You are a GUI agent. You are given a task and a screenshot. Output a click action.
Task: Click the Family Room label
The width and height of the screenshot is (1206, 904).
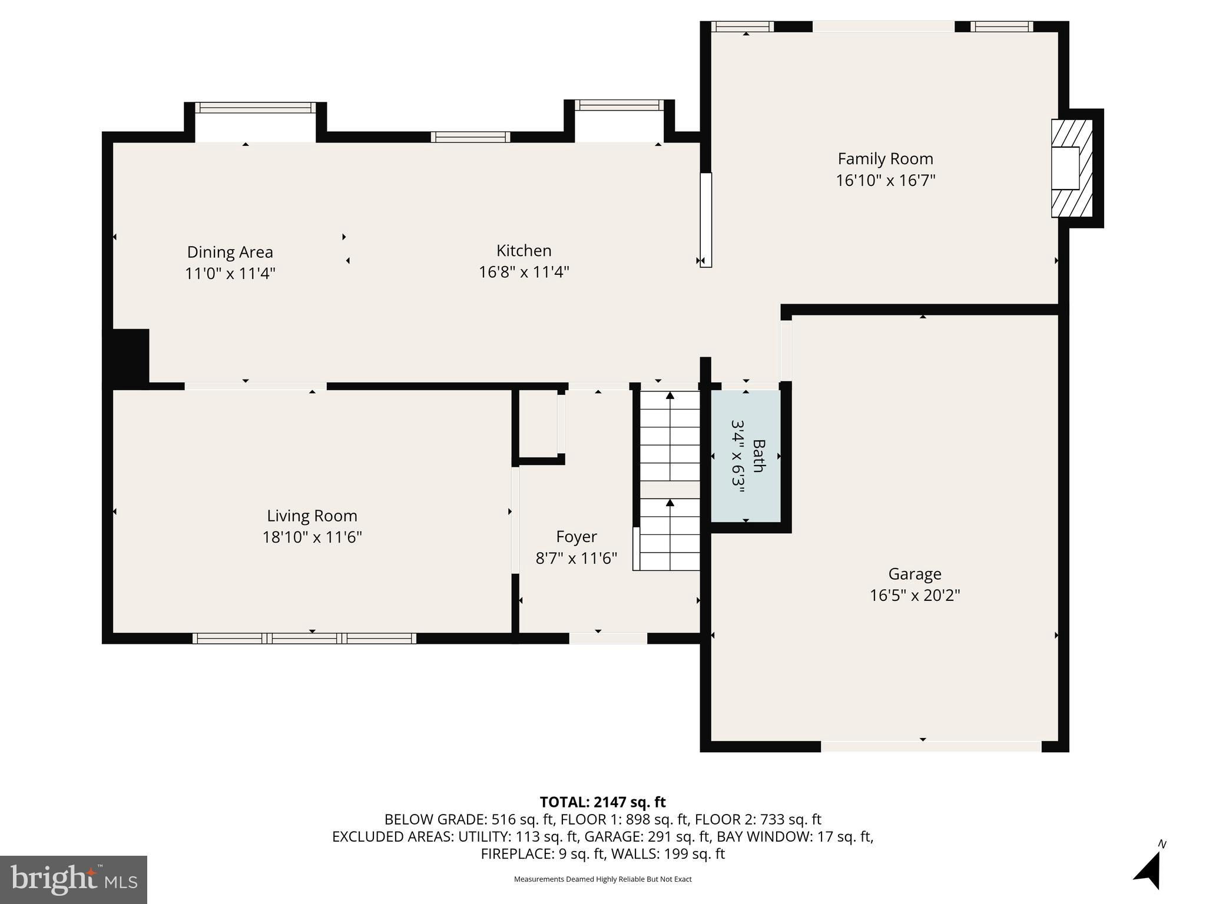point(885,159)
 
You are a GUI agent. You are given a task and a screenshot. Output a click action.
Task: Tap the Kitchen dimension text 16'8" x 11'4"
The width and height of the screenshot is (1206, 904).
point(524,272)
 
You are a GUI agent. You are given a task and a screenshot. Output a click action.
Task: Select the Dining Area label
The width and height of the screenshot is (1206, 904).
point(230,252)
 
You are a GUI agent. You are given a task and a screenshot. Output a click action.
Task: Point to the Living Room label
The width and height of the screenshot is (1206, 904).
point(312,516)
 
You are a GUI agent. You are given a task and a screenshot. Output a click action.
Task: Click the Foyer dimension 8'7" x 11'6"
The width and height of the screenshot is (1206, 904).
point(576,558)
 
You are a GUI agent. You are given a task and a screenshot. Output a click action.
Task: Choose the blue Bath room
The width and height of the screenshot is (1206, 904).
point(746,456)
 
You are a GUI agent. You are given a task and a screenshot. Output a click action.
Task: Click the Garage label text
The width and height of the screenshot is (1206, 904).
point(915,574)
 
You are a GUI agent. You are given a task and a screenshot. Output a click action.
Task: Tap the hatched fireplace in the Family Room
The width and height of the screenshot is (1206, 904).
point(1072,168)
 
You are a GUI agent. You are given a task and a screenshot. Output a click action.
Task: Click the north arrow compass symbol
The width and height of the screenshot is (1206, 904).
point(1148,869)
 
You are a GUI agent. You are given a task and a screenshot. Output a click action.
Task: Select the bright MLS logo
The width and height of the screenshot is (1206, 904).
point(74,880)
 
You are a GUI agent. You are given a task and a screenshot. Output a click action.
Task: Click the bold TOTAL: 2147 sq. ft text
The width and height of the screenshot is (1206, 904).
point(602,802)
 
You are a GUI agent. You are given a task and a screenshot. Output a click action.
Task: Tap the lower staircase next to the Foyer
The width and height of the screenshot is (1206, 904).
point(670,534)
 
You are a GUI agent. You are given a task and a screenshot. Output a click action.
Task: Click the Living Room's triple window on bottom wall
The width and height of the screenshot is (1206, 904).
point(304,639)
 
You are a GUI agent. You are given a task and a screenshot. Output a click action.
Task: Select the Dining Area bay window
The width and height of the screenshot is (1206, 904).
point(255,108)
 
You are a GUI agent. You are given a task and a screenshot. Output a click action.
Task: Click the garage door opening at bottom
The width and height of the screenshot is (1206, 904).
point(931,746)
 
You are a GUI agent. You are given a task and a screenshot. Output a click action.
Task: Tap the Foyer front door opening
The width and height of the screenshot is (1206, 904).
point(608,639)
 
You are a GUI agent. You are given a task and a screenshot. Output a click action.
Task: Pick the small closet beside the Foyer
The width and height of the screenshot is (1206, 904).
point(538,424)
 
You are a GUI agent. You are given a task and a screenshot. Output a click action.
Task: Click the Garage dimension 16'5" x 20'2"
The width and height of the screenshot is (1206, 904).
point(915,596)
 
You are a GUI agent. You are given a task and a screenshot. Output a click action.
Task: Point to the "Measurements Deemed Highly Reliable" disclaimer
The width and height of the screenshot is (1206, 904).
point(602,879)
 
